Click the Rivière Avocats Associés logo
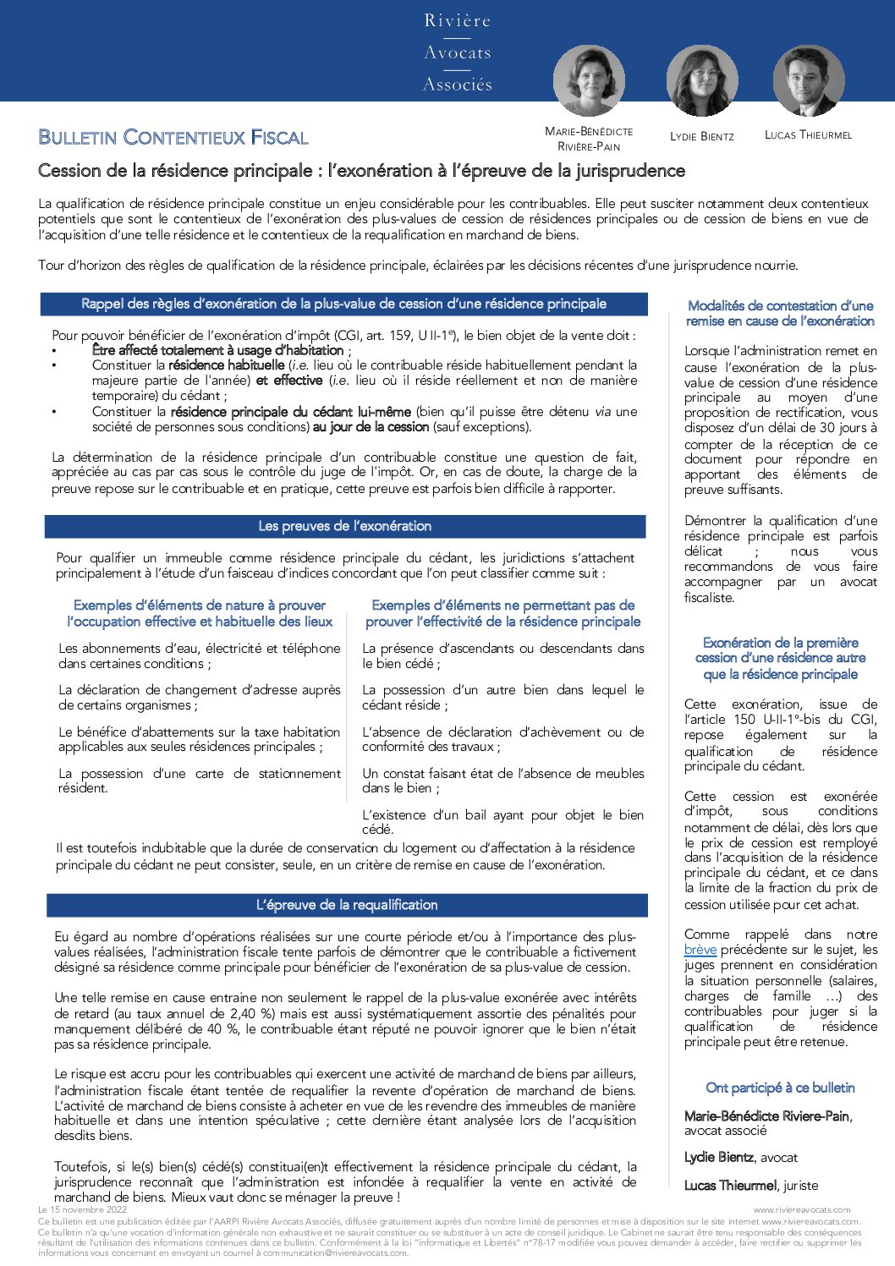(x=458, y=52)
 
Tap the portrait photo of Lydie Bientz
(x=701, y=81)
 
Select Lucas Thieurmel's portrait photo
(x=809, y=81)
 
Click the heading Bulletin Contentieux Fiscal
(x=173, y=138)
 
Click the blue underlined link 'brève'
(x=700, y=950)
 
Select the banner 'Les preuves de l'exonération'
(x=345, y=526)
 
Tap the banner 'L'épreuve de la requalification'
(x=347, y=905)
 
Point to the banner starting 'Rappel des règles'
(x=343, y=304)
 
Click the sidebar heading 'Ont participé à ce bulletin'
(x=780, y=1088)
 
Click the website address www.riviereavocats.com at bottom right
(x=802, y=1210)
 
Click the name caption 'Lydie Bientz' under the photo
(x=701, y=136)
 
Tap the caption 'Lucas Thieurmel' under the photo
(x=808, y=135)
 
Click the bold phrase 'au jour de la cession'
(x=371, y=427)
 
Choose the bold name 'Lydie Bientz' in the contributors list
(x=718, y=1157)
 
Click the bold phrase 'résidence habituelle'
(x=226, y=365)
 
